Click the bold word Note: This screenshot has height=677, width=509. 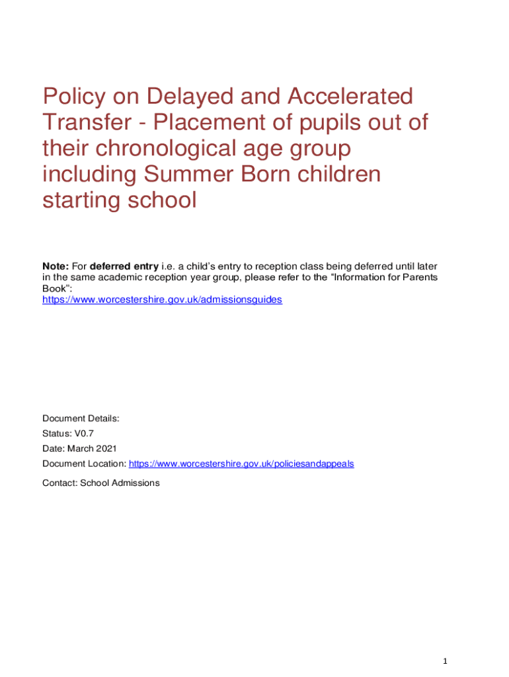click(x=56, y=266)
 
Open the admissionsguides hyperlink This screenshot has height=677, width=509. click(x=162, y=299)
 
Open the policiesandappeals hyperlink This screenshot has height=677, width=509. click(x=241, y=463)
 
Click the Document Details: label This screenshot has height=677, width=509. click(x=81, y=418)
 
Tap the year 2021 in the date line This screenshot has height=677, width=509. click(x=106, y=448)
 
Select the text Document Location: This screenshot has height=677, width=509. click(x=84, y=463)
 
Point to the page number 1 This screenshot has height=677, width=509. click(x=446, y=661)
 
